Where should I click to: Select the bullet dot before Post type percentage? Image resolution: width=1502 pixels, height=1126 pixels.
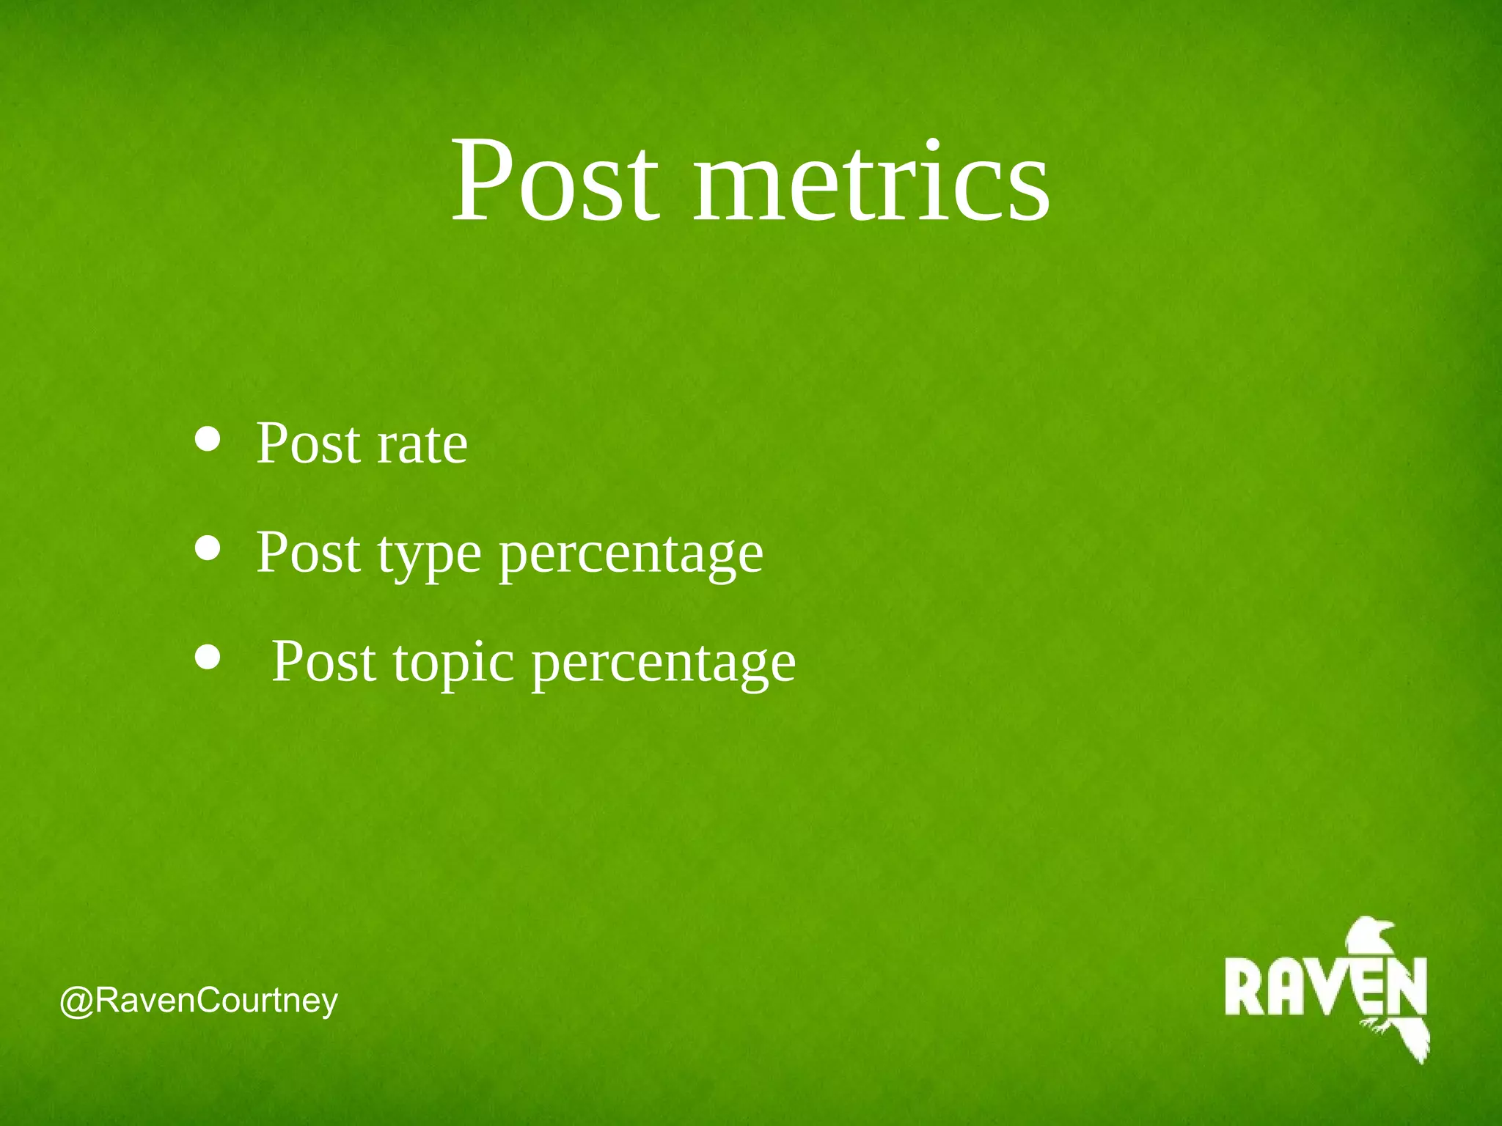208,548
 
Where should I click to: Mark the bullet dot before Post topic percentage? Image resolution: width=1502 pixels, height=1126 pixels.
208,657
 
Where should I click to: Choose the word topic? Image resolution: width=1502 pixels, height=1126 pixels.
453,663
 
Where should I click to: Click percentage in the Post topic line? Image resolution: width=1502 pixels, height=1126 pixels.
663,663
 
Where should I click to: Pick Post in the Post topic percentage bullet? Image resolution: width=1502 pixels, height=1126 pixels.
323,661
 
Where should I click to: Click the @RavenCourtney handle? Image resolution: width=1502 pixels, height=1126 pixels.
199,1001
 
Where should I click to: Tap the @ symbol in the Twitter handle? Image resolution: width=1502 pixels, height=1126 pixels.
76,1001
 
